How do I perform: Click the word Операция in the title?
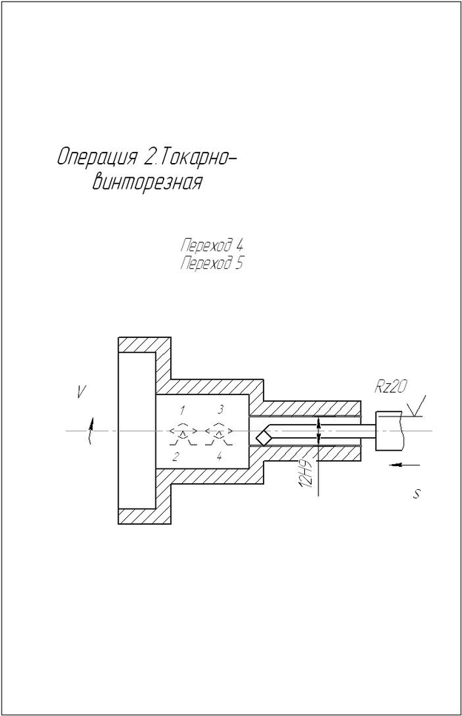[x=97, y=158]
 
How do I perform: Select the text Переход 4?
[x=211, y=245]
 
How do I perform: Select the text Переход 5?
[x=211, y=263]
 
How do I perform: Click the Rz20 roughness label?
[x=391, y=387]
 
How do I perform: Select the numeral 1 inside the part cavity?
[x=181, y=410]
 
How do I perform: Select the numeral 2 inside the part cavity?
[x=175, y=457]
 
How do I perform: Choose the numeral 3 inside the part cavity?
[x=220, y=410]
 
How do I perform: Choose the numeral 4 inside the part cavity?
[x=219, y=457]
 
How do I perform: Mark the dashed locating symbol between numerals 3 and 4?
[x=219, y=432]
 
